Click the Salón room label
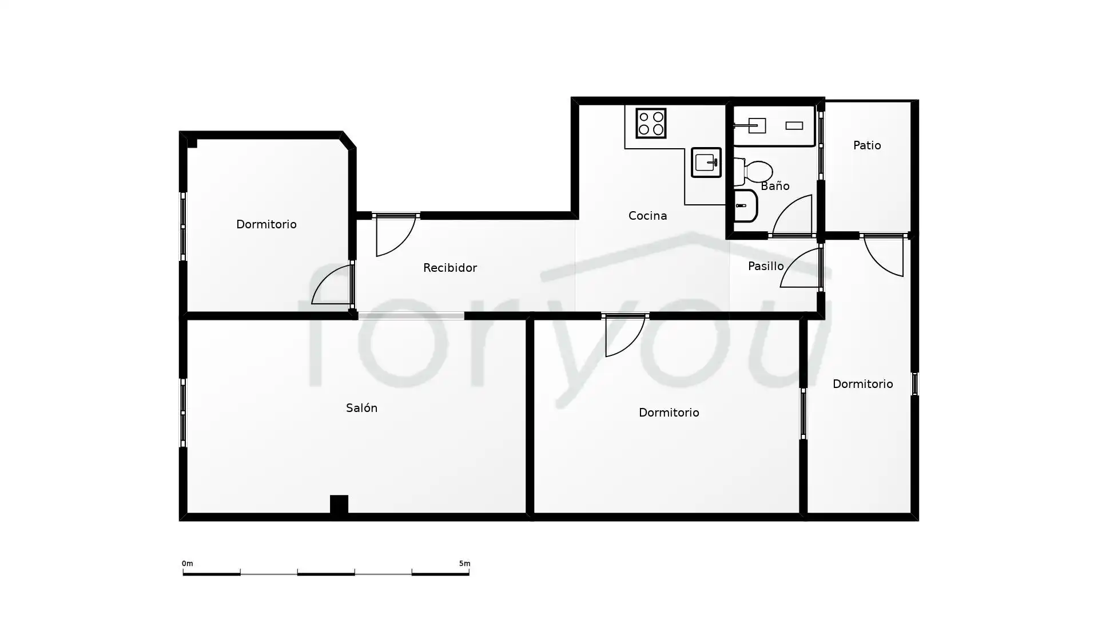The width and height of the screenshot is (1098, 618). pyautogui.click(x=361, y=408)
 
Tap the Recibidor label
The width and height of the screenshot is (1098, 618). pyautogui.click(x=450, y=268)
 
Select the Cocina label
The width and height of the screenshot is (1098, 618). pyautogui.click(x=647, y=216)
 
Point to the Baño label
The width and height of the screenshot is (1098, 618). pyautogui.click(x=775, y=186)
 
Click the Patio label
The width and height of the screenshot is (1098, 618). pyautogui.click(x=867, y=145)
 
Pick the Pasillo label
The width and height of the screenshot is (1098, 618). pyautogui.click(x=766, y=266)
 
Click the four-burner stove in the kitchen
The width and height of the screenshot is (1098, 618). pyautogui.click(x=651, y=123)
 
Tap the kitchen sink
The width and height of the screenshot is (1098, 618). pyautogui.click(x=706, y=163)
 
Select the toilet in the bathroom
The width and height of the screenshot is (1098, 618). pyautogui.click(x=753, y=171)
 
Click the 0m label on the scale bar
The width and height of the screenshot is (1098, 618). pyautogui.click(x=188, y=564)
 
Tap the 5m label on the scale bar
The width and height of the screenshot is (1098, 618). pyautogui.click(x=464, y=564)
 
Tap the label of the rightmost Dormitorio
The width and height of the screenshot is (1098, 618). pyautogui.click(x=862, y=384)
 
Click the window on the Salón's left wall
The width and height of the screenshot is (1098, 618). pyautogui.click(x=183, y=413)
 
